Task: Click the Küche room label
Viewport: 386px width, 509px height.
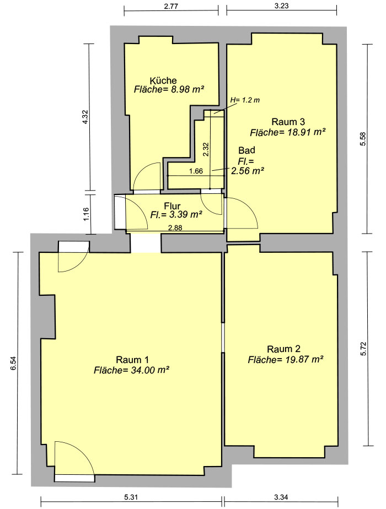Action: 163,80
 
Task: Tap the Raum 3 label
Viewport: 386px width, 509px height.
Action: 288,122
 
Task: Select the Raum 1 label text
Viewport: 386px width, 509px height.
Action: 132,360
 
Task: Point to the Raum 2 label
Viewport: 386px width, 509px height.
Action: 283,349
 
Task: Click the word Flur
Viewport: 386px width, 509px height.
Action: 172,206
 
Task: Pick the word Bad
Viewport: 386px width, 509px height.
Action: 246,150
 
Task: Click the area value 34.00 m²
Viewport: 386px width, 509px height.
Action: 150,370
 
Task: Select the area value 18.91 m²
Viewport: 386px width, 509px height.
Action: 305,132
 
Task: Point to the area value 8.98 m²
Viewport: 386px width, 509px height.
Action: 187,89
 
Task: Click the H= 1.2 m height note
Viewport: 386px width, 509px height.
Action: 245,100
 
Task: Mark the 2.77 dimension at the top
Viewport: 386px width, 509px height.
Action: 171,6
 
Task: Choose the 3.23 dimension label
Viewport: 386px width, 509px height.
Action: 281,6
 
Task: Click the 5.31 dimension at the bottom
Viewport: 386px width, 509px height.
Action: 131,497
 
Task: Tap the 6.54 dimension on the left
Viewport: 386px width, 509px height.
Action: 13,363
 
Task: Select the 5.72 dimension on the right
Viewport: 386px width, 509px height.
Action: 363,348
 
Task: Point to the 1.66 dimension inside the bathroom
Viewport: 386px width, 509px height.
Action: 196,171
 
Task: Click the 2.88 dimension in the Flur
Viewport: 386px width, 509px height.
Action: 175,228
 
